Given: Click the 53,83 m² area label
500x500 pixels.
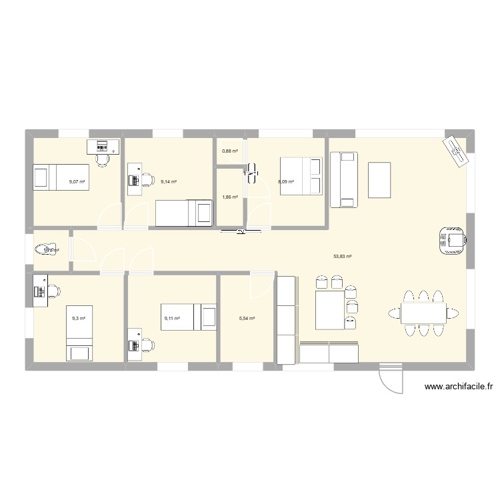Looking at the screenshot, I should click(x=343, y=256).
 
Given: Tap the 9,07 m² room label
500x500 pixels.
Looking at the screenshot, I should click(x=77, y=181).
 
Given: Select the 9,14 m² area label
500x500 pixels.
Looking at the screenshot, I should click(x=169, y=181).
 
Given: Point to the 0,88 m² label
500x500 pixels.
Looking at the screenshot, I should click(x=230, y=151).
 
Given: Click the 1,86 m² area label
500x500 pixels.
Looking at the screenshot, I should click(x=230, y=197).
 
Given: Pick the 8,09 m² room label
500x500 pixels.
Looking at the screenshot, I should click(x=285, y=181).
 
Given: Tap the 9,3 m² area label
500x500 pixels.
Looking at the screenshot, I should click(x=79, y=319).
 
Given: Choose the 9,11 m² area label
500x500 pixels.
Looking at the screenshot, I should click(x=172, y=319).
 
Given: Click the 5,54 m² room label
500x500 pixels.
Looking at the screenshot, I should click(x=247, y=319).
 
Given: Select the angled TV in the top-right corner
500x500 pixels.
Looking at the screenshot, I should click(x=457, y=152).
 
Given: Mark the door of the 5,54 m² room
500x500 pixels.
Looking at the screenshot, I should click(x=257, y=285).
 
